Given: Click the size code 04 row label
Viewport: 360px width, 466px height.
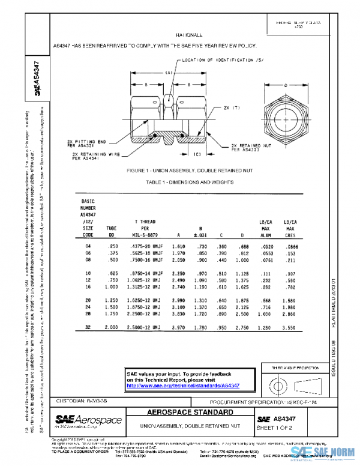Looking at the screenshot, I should tap(88, 247).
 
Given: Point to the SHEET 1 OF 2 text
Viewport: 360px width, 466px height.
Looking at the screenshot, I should tap(274, 427).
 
